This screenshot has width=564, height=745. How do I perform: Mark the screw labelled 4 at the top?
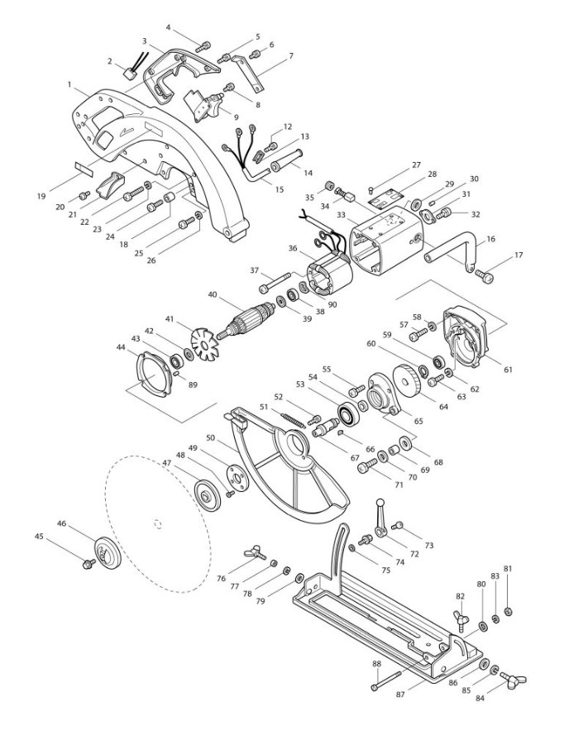click(x=203, y=44)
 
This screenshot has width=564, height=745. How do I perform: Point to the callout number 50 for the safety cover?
click(x=210, y=437)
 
